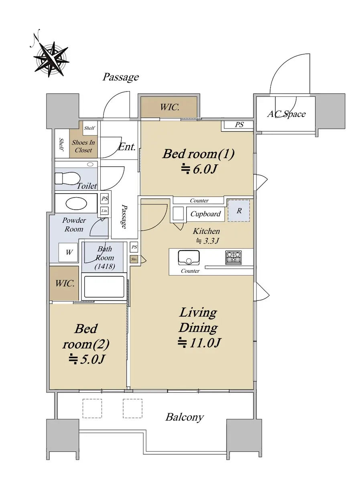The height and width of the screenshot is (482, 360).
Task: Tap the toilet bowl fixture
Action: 67,178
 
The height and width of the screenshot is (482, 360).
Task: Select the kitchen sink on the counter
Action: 189,257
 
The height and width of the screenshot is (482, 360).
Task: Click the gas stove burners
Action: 234,257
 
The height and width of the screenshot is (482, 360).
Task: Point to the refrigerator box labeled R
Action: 239,210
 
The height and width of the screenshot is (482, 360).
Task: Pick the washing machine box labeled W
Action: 68,252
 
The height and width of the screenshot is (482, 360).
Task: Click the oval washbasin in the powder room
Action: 76,204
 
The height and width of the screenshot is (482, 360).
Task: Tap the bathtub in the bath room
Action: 104,286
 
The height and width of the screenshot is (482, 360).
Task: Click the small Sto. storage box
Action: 134,259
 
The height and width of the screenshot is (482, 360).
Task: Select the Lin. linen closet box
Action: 104,211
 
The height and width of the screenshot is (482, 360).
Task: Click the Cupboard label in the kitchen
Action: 205,214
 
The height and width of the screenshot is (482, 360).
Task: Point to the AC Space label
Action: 286,114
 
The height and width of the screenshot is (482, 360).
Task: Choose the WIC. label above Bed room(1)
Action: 170,107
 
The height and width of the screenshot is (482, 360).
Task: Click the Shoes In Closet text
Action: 83,146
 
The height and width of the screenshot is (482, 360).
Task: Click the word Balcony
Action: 185,417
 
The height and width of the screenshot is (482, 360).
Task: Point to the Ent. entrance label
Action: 126,147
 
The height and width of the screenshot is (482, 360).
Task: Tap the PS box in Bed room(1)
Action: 239,125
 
